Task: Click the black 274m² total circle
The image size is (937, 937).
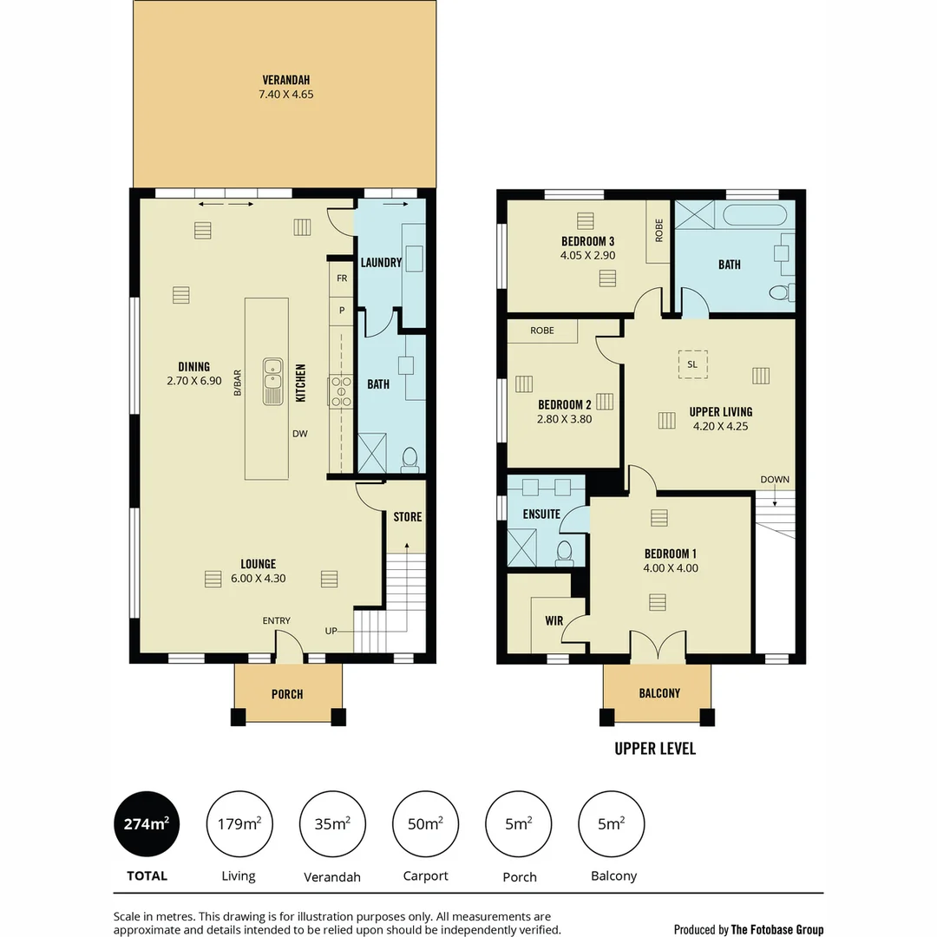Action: point(147,824)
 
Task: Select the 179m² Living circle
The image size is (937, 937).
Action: point(239,824)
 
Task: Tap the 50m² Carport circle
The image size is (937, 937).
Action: point(425,824)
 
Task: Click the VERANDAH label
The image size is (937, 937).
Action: point(285,80)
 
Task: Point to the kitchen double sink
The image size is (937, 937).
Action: point(272,383)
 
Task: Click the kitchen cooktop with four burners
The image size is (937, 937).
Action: point(340,391)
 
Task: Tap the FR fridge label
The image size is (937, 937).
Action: point(342,278)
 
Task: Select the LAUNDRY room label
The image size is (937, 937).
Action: point(380,262)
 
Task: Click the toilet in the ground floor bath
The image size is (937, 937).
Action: point(410,458)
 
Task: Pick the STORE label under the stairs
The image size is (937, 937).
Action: point(407,517)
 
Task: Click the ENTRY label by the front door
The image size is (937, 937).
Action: point(277,620)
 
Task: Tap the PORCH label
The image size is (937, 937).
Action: point(287,694)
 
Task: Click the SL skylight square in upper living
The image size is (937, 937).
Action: point(692,364)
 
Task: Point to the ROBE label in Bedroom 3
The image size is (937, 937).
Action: point(659,229)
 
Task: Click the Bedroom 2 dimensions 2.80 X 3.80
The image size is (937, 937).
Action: point(564,419)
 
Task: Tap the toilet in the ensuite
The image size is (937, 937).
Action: point(564,551)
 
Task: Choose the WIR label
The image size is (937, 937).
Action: point(554,621)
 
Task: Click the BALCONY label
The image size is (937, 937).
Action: point(659,693)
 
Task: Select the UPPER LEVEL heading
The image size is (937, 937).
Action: point(655,748)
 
